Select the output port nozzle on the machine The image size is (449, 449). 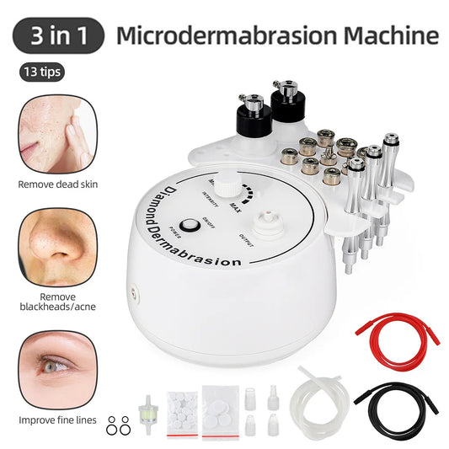270,218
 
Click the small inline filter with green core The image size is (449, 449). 144,395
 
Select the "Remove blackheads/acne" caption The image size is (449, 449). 53,302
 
